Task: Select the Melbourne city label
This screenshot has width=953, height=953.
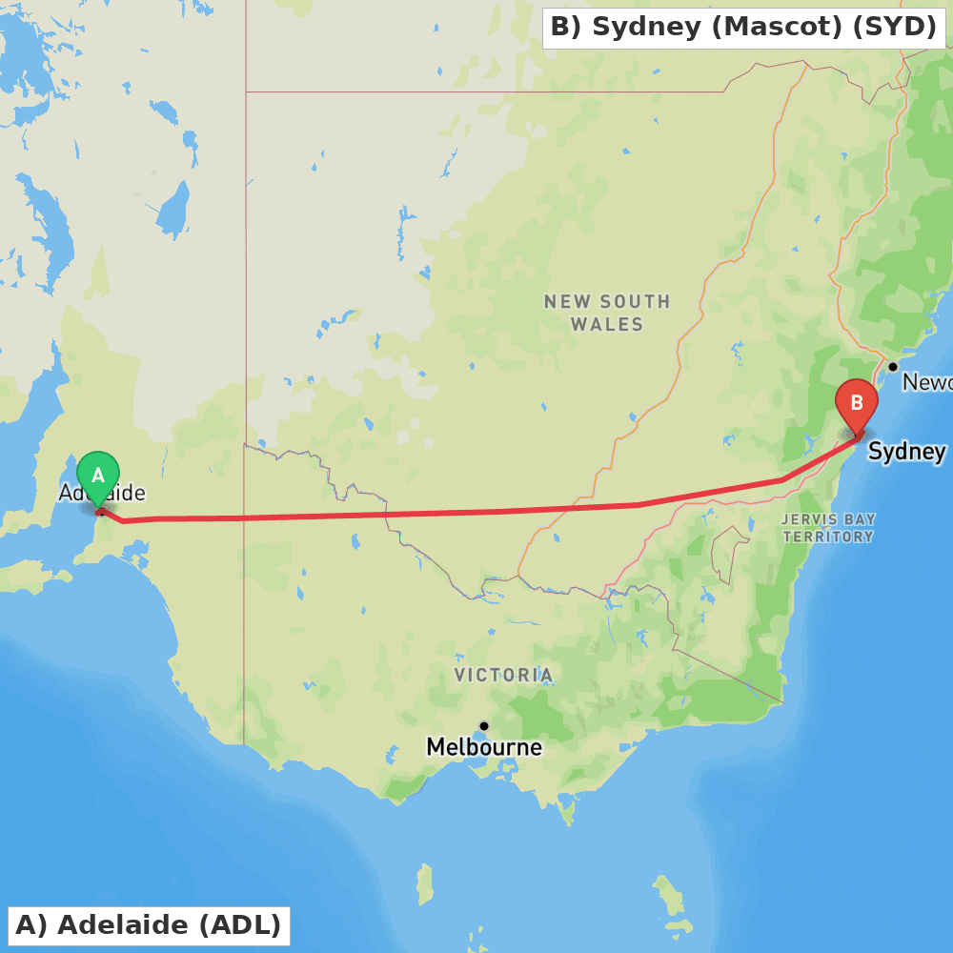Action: [x=484, y=747]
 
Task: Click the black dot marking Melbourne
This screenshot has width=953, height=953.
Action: [x=484, y=726]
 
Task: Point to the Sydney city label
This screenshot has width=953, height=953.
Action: [x=906, y=451]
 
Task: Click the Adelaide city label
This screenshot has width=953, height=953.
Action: [x=102, y=493]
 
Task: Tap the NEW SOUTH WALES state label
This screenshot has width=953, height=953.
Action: [x=607, y=313]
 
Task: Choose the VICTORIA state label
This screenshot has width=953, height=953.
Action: [x=503, y=676]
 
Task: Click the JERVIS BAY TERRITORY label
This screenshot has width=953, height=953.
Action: [x=828, y=528]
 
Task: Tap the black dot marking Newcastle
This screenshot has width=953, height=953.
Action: [x=893, y=367]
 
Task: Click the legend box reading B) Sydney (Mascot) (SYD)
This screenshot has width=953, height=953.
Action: [x=743, y=28]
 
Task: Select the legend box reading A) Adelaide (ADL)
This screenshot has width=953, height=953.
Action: [x=149, y=925]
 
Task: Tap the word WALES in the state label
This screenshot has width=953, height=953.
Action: [x=607, y=325]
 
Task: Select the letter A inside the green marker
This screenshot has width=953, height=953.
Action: [x=98, y=475]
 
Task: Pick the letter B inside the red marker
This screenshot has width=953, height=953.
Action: [x=856, y=403]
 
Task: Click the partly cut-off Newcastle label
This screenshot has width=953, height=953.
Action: [x=926, y=382]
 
